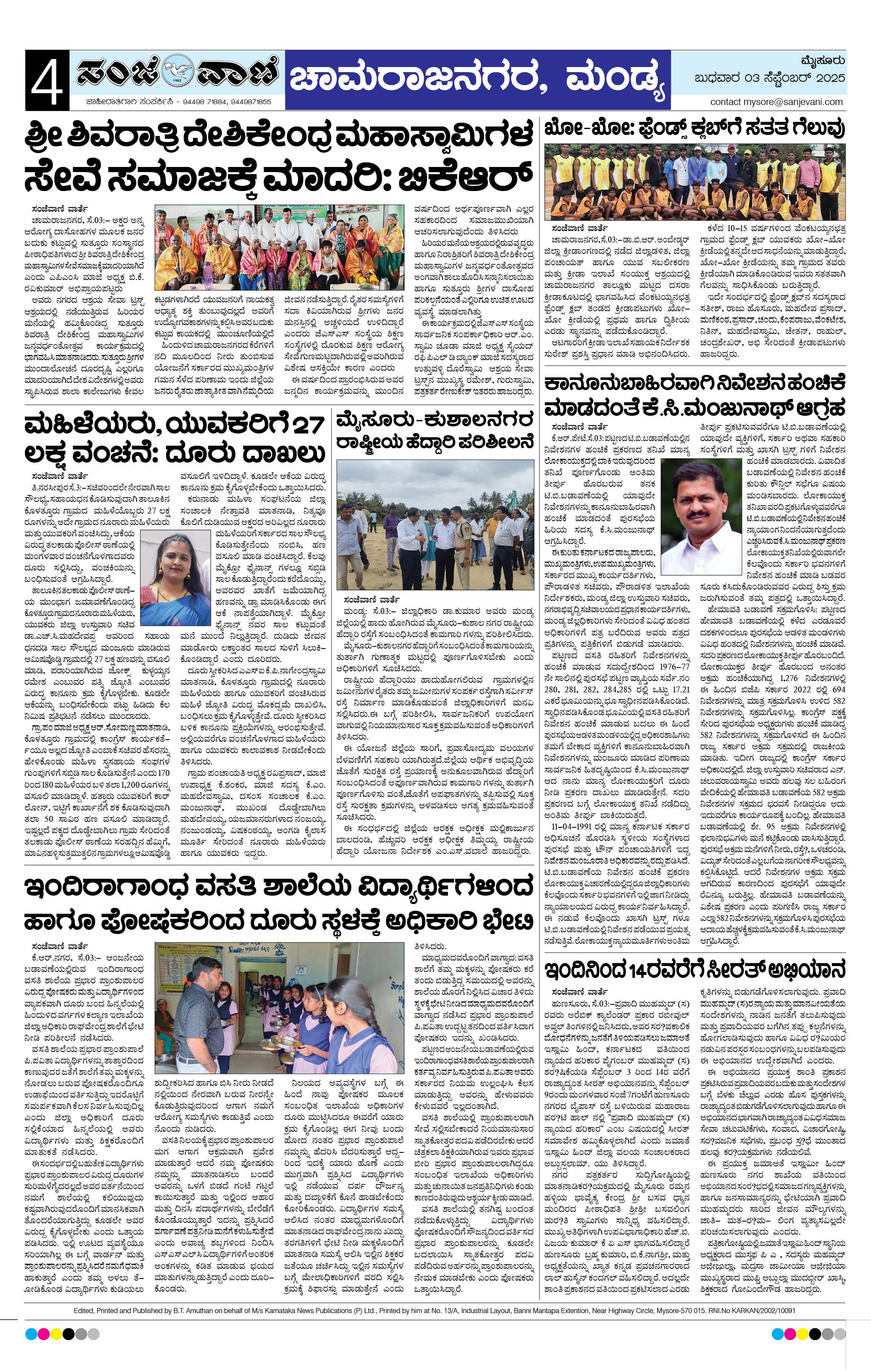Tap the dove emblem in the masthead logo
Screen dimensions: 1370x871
coord(178,73)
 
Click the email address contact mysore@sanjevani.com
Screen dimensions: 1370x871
coord(776,102)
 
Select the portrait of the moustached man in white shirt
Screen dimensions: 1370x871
coord(702,517)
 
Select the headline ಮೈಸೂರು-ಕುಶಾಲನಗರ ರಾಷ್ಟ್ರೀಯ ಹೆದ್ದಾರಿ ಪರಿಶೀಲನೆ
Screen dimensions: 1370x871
coord(435,432)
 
